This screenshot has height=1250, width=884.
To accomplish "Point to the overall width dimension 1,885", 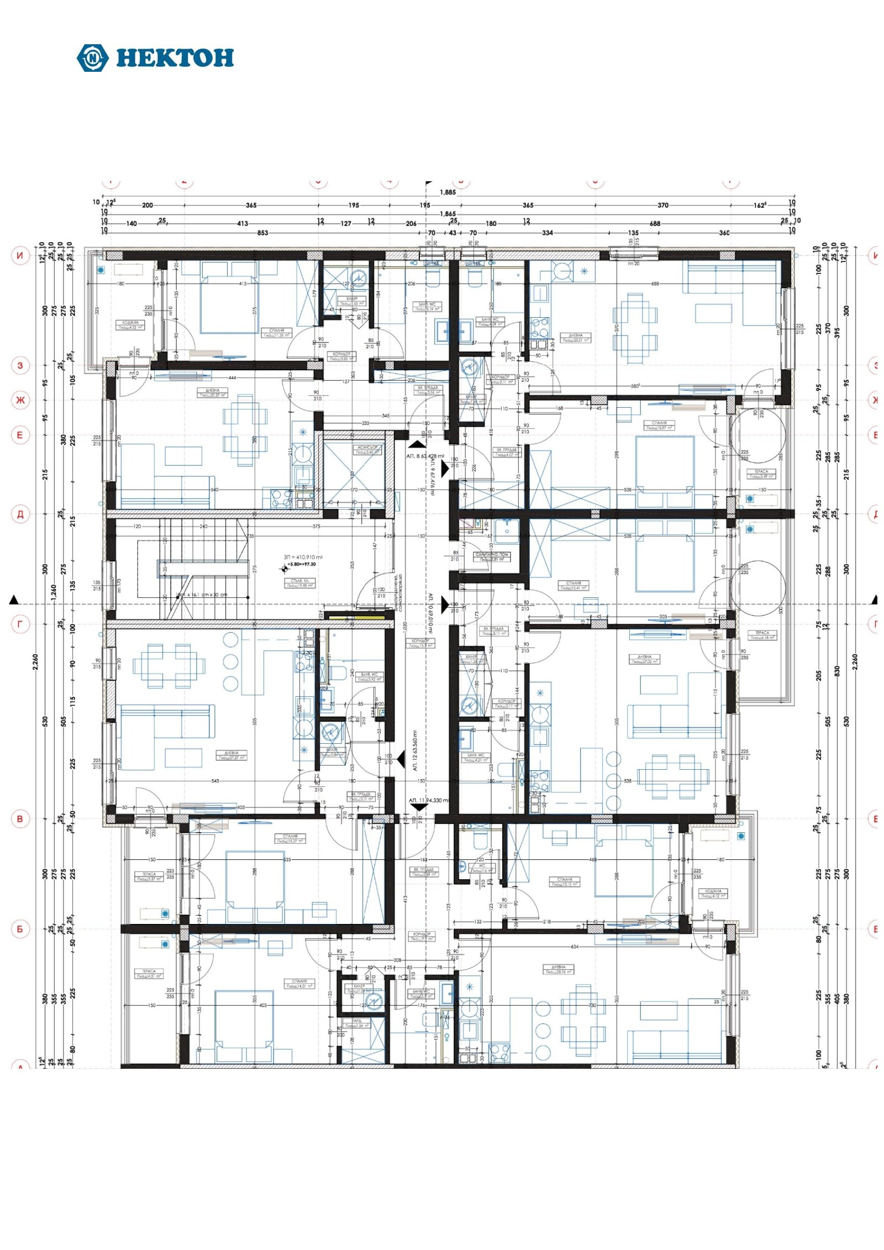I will click(448, 192).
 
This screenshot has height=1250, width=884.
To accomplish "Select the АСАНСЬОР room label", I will click(367, 449).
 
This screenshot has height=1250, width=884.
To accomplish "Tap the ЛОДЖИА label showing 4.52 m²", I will click(130, 325).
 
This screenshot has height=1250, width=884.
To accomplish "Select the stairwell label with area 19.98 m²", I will click(300, 583).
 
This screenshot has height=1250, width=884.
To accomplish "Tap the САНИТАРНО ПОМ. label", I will click(491, 556).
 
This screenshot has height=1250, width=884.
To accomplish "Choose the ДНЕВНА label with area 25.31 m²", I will click(575, 338).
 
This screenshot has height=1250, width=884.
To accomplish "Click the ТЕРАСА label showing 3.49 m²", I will click(761, 474).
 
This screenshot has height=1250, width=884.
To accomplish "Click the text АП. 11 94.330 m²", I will click(429, 800).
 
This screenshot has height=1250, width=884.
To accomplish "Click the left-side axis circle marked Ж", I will click(20, 400).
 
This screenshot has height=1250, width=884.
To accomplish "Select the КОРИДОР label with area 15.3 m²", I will click(420, 643).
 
